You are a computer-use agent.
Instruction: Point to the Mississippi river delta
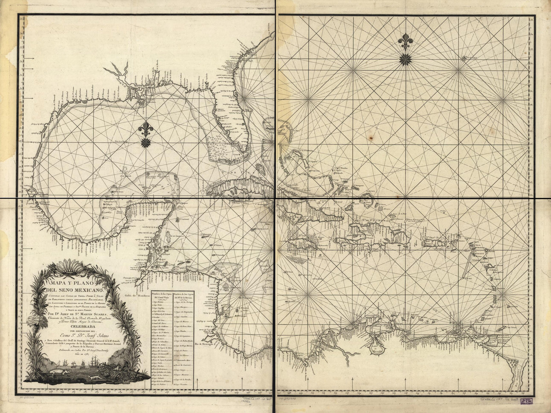pyautogui.click(x=141, y=103)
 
